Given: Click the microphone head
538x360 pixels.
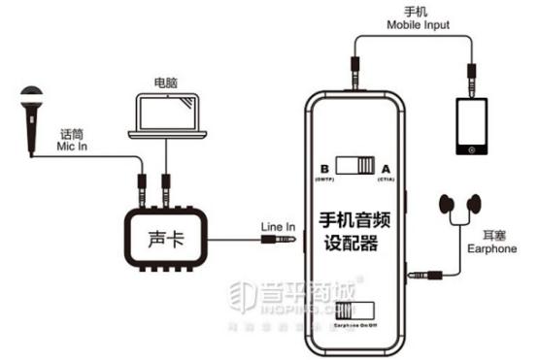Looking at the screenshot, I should (x=29, y=96).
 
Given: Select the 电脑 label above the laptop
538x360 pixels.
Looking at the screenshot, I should (x=166, y=75).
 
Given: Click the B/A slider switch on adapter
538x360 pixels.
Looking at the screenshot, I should (x=354, y=166).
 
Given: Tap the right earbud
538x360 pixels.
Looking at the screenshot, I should (x=476, y=203).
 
